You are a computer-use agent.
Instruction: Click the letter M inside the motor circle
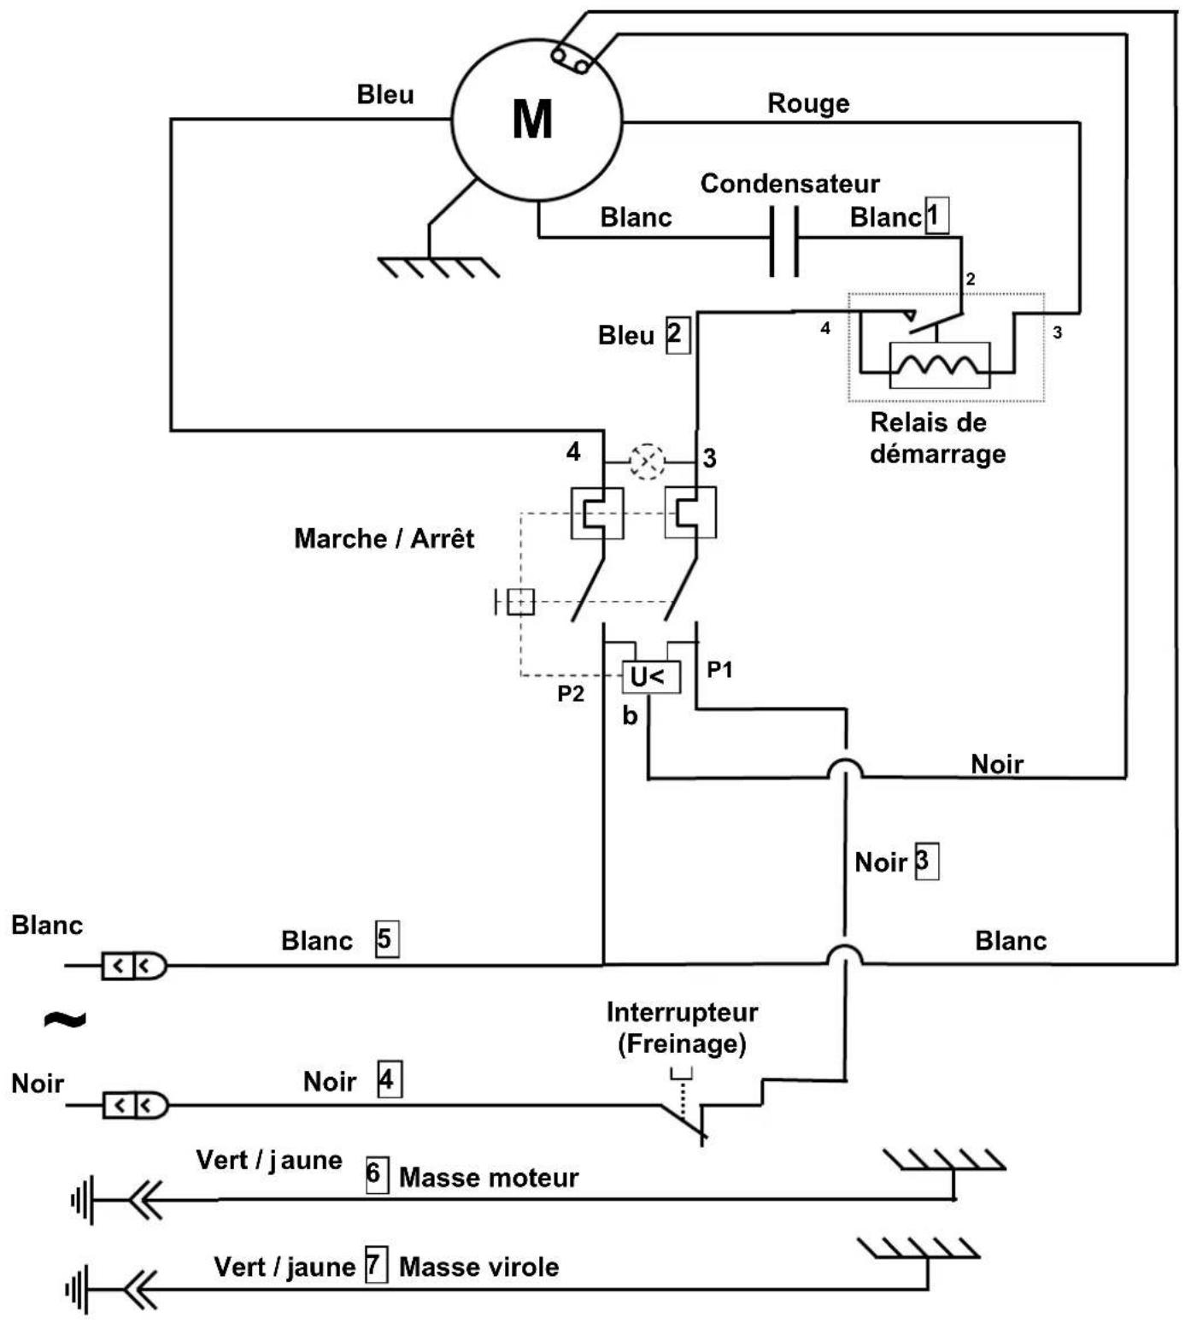point(532,119)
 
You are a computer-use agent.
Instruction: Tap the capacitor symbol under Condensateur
point(783,241)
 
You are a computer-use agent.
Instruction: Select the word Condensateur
point(789,184)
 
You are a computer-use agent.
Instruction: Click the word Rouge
point(808,103)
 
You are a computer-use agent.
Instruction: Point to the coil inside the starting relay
point(939,365)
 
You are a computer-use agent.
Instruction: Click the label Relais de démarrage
point(937,438)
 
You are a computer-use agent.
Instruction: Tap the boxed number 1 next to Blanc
point(937,215)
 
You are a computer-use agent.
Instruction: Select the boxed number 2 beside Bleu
point(678,334)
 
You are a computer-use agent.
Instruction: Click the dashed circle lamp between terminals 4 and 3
point(647,462)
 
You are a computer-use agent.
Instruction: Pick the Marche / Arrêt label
point(384,538)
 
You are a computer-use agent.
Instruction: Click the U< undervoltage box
point(650,677)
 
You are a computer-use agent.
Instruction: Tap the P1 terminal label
point(719,669)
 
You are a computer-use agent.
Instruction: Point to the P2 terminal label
point(571,693)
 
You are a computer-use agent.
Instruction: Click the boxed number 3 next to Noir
point(926,862)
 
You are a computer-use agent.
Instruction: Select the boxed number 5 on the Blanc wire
point(386,938)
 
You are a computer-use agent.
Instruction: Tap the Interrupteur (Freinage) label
point(682,1028)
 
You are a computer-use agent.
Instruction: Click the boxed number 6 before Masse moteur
point(377,1175)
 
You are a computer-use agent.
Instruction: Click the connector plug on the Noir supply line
point(135,1106)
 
